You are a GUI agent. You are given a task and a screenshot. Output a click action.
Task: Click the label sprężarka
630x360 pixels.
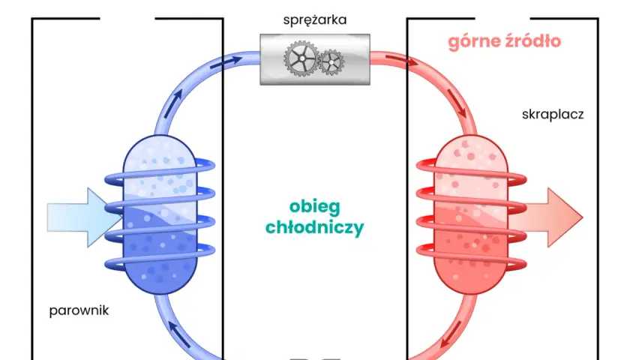pos(314,20)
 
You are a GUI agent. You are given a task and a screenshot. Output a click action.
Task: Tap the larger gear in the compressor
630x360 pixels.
pos(301,58)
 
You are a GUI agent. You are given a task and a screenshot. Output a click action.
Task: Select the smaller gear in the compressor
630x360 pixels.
pos(331,62)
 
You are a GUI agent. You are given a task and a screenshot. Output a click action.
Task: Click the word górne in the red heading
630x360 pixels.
pos(473,42)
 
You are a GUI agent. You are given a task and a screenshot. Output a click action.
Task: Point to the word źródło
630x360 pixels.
pos(532,40)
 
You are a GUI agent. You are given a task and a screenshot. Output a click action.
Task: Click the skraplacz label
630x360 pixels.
pos(553,115)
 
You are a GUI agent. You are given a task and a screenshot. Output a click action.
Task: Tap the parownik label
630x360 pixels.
pos(79,310)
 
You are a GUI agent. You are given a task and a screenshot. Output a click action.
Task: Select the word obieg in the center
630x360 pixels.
pos(314,207)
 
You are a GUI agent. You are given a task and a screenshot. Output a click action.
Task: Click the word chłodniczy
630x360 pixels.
pos(314,227)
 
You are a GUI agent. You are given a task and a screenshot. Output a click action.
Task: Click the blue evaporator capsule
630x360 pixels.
pos(160,214)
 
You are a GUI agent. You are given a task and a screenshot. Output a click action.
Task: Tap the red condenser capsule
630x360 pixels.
pos(471,214)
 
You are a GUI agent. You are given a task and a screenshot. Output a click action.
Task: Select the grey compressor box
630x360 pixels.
pos(315,59)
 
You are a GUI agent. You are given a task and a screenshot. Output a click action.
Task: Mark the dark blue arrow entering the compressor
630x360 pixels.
pos(226,62)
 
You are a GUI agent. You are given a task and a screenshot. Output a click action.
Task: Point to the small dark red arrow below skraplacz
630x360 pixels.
pos(457,103)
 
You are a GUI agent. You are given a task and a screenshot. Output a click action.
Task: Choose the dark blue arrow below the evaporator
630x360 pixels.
pos(178,334)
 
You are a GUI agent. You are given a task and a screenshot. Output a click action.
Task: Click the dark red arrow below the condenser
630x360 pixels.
pos(451,334)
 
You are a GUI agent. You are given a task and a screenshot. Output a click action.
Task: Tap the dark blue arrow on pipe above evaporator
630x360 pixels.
pos(172,103)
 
